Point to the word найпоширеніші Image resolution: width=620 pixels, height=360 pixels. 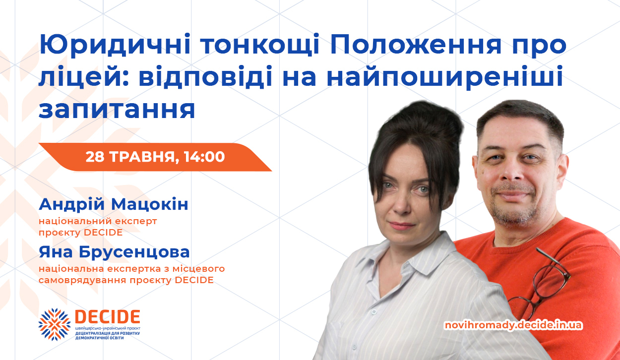click(x=445, y=76)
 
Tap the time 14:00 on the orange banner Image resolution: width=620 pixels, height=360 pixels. click(x=204, y=157)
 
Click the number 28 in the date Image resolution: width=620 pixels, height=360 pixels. click(x=95, y=157)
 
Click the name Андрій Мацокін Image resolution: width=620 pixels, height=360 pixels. click(x=114, y=204)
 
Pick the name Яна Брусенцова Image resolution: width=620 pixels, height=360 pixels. click(x=114, y=252)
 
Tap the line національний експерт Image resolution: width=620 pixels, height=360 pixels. click(x=98, y=221)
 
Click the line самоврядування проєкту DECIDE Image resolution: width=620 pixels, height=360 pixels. click(x=126, y=280)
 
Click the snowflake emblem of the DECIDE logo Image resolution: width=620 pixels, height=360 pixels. click(x=54, y=324)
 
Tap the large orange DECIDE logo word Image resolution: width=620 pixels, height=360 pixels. click(x=108, y=317)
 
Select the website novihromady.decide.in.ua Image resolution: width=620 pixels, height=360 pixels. click(x=513, y=325)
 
